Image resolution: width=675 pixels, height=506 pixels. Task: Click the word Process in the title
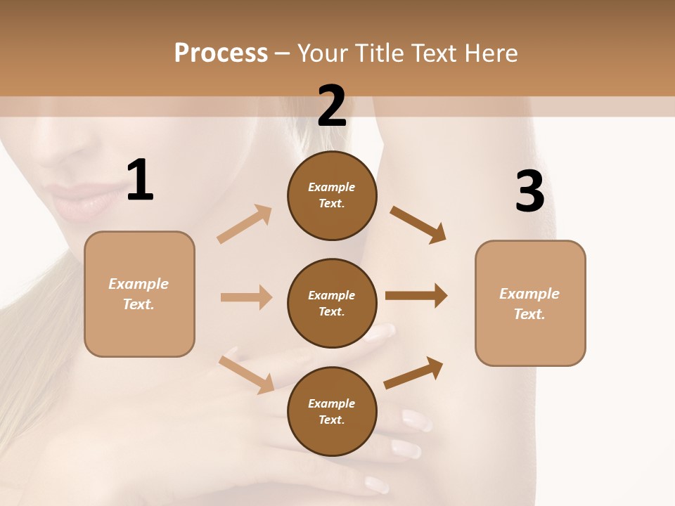click(x=221, y=53)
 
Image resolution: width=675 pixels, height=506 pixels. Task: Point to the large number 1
click(x=140, y=181)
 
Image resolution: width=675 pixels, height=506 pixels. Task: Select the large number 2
click(x=332, y=106)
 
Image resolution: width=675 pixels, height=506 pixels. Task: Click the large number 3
click(x=530, y=192)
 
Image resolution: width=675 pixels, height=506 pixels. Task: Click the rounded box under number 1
click(x=139, y=294)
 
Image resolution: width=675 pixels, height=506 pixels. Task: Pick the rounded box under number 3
click(x=530, y=304)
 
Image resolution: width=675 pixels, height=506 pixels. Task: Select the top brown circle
click(x=332, y=195)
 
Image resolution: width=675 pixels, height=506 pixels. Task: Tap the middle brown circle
click(x=332, y=304)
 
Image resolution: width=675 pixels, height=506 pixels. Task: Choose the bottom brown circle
click(x=332, y=412)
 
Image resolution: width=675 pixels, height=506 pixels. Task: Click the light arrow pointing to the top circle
click(x=244, y=224)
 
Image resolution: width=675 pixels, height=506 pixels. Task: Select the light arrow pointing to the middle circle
click(x=246, y=297)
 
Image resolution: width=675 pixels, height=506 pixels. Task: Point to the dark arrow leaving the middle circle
click(x=416, y=296)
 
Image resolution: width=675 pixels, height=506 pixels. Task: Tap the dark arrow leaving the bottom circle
click(x=414, y=373)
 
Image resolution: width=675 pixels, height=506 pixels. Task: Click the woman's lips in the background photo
click(x=81, y=200)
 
